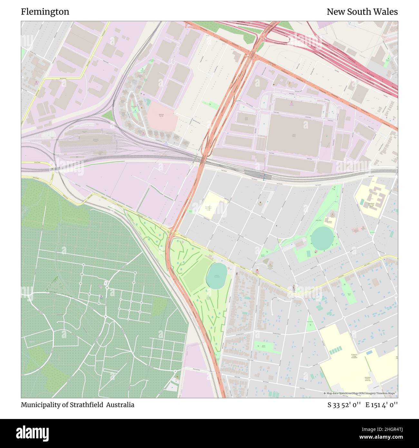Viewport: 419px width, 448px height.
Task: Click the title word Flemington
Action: (x=45, y=12)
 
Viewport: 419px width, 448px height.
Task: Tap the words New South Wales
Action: (x=362, y=12)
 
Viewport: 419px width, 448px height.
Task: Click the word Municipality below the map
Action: (x=41, y=405)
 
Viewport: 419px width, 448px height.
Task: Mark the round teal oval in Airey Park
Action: (x=322, y=238)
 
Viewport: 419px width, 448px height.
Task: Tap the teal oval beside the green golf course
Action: (x=216, y=276)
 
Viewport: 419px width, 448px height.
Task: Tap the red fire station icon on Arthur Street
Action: (x=257, y=270)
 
